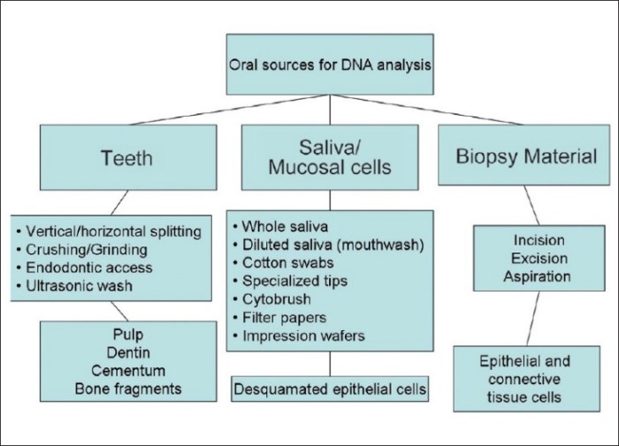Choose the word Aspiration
(x=525, y=276)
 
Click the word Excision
(x=525, y=258)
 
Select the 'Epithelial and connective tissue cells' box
(x=525, y=379)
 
